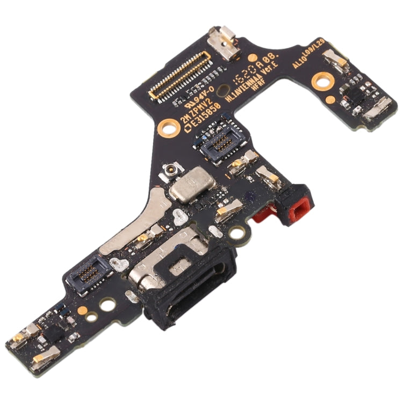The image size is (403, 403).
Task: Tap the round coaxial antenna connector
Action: point(168,172)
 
